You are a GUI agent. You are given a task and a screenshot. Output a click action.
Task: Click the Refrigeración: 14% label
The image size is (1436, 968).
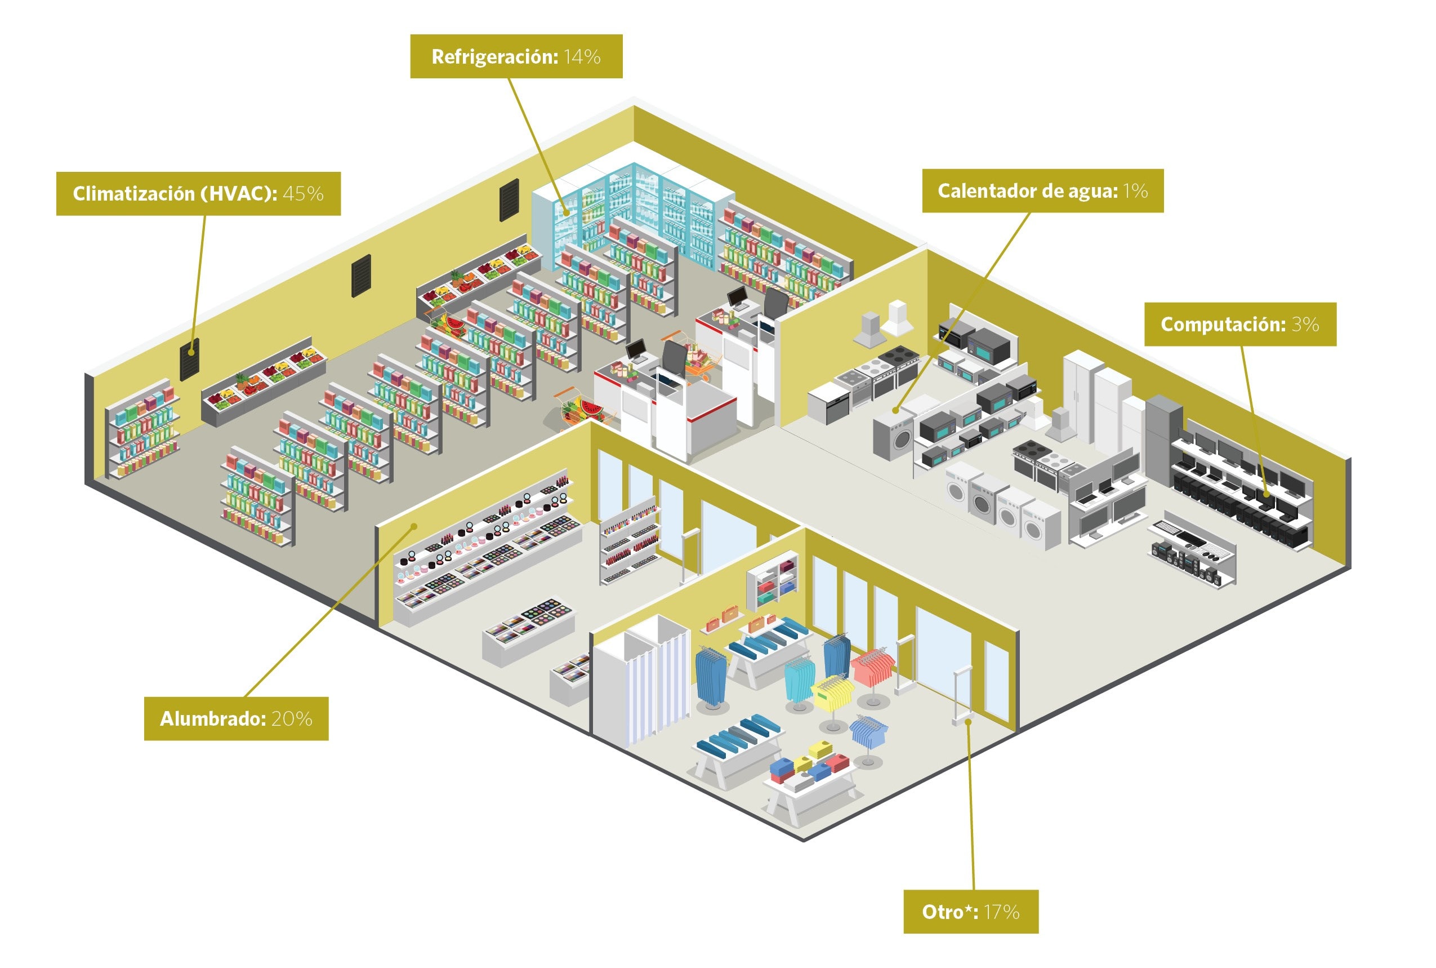(x=516, y=56)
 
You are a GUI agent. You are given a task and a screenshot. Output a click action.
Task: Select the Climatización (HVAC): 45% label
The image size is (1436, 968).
(x=198, y=193)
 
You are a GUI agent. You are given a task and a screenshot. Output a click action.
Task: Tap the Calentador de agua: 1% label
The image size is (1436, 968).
(x=1042, y=191)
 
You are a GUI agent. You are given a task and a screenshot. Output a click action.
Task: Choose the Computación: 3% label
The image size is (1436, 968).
(x=1240, y=324)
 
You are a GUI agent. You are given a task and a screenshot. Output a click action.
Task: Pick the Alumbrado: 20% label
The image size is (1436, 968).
(x=237, y=718)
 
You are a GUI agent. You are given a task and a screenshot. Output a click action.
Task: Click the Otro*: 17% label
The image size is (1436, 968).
(x=971, y=912)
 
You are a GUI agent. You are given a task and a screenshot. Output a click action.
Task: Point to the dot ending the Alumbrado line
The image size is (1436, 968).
(x=414, y=527)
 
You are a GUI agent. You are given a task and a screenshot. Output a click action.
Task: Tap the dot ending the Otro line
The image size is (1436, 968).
(x=969, y=721)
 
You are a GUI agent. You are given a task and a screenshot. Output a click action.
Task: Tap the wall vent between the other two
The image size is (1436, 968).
(x=362, y=276)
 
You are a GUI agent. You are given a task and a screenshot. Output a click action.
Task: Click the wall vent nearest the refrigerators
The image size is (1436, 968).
(x=509, y=200)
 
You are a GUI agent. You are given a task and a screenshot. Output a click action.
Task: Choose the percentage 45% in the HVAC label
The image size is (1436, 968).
(x=303, y=193)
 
